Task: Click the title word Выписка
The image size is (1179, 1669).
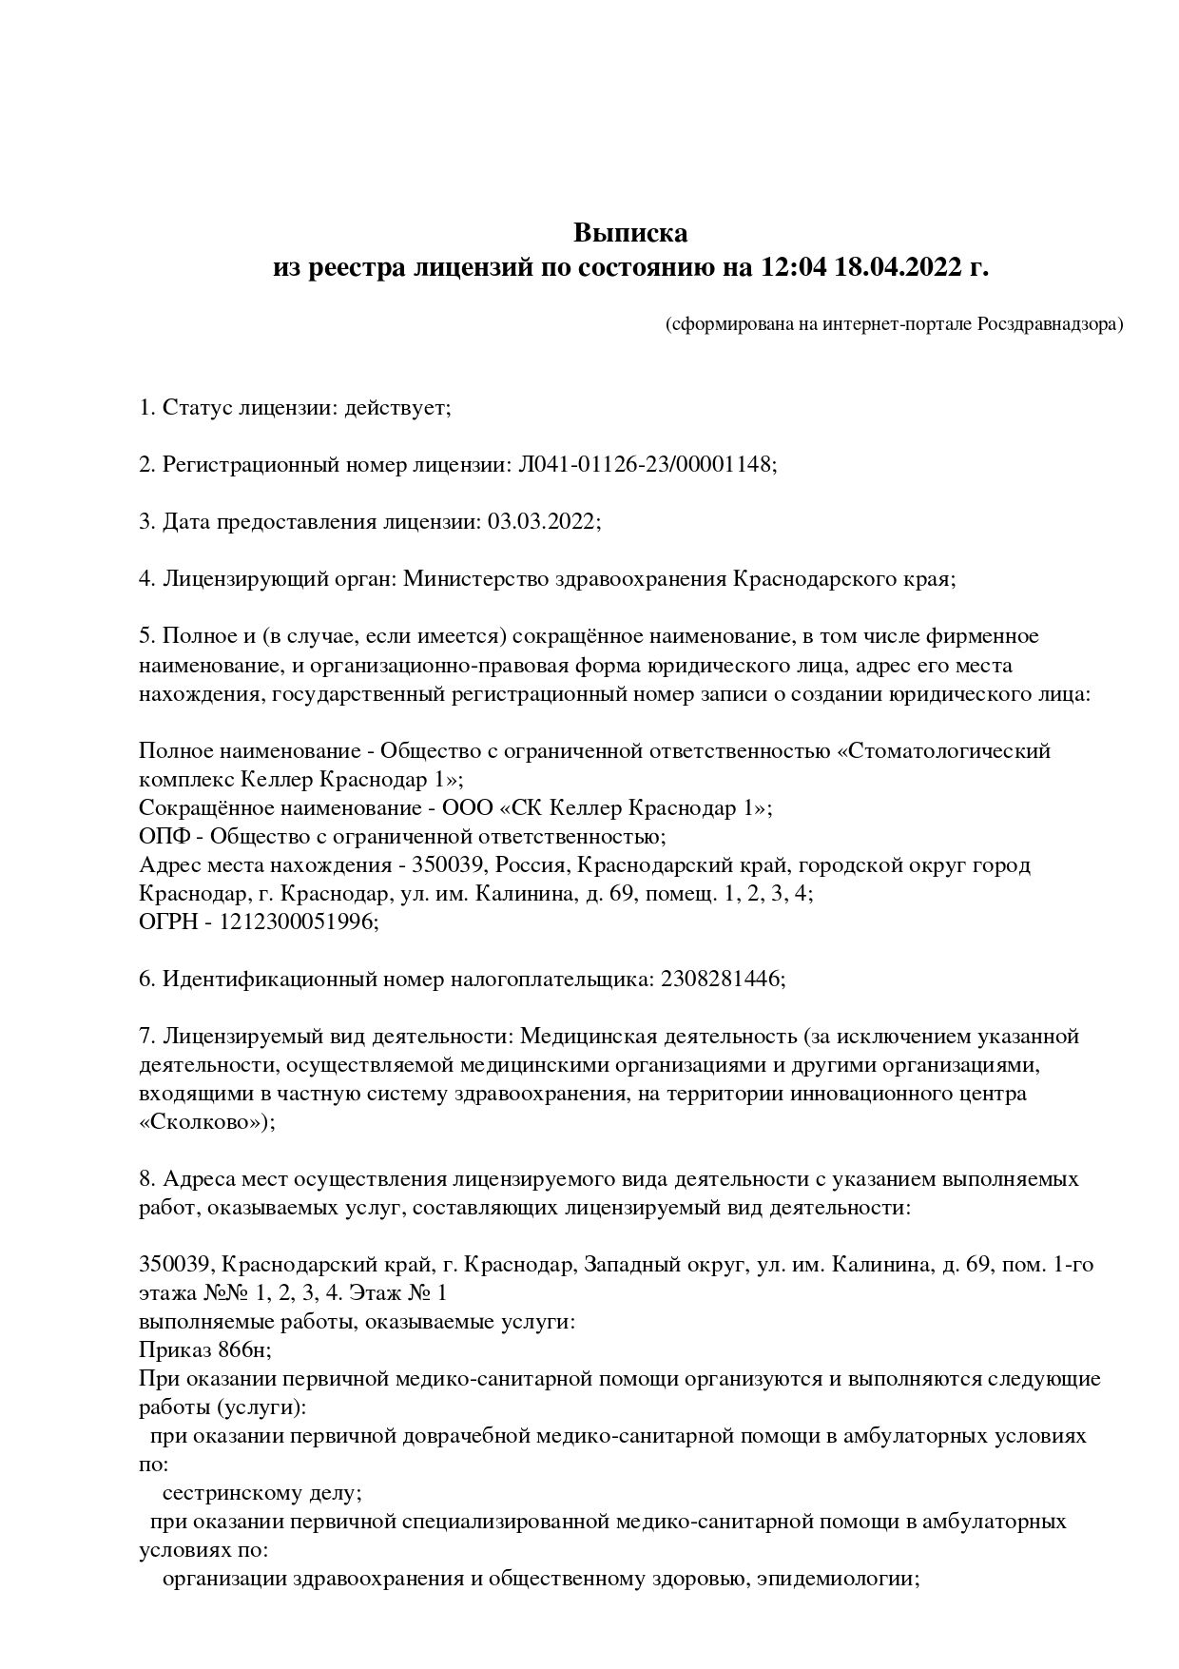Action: pos(629,233)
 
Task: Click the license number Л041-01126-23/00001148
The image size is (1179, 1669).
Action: pos(647,465)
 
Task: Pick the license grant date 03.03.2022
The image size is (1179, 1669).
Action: pos(544,522)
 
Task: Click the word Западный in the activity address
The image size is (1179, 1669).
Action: pos(628,1266)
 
